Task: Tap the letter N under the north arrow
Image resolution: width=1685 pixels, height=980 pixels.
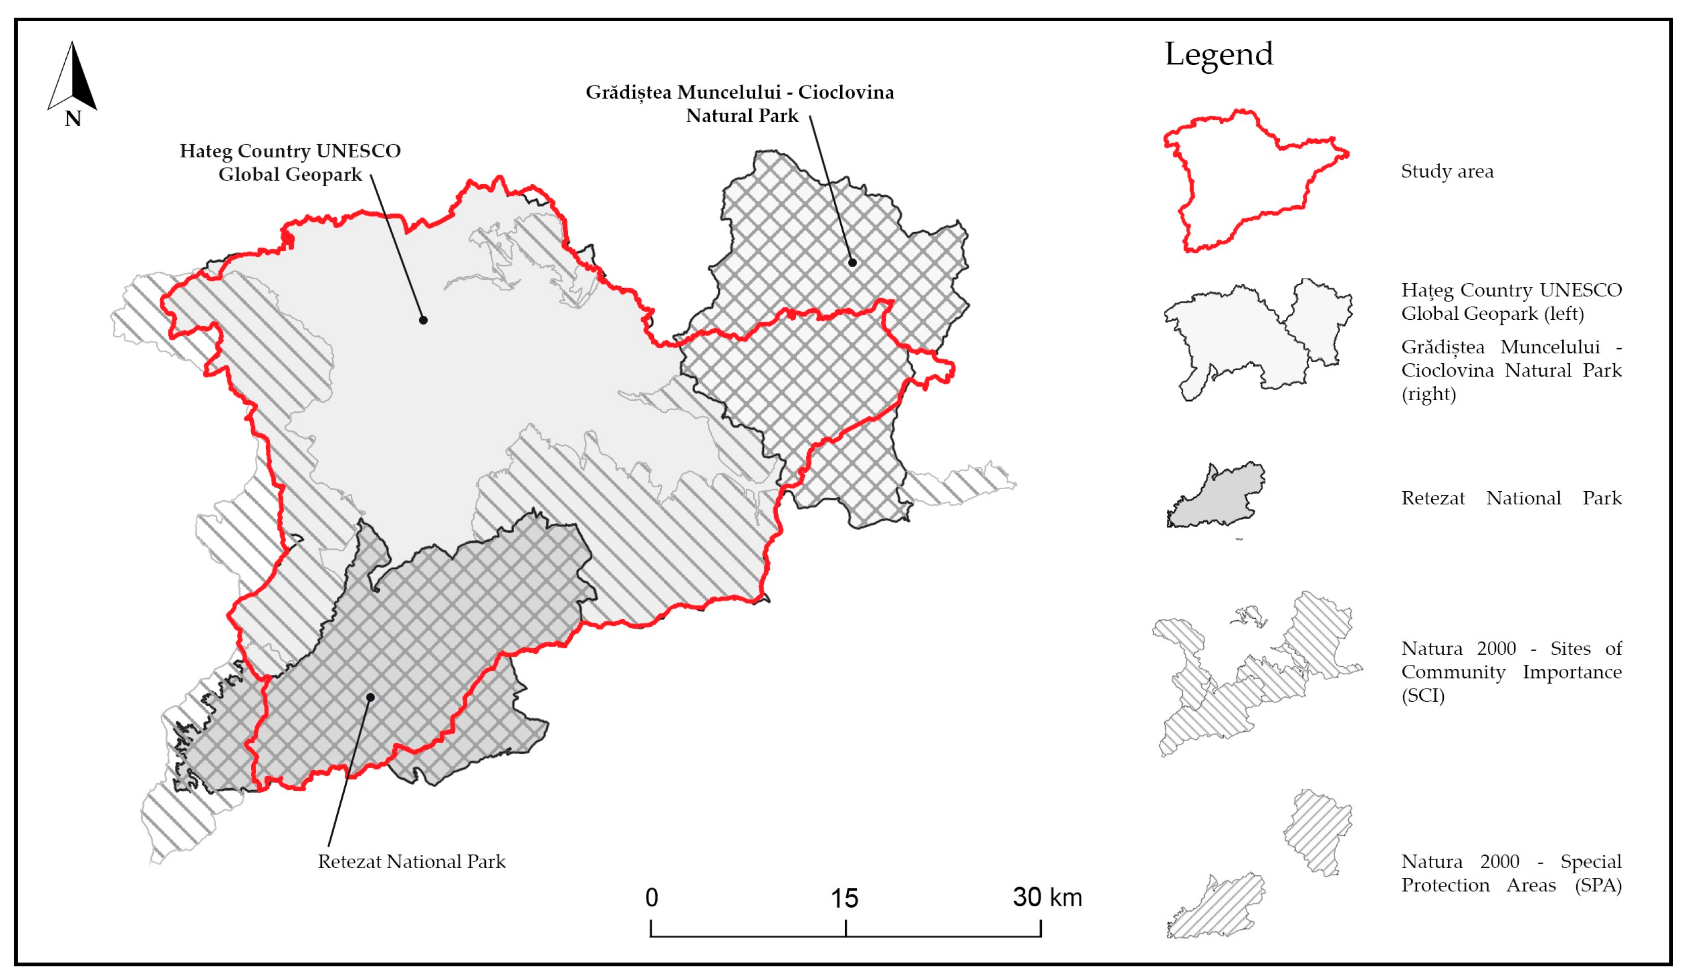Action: point(72,119)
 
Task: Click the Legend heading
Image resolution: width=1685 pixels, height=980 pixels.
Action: point(1218,54)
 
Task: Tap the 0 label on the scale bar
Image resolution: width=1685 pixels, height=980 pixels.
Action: point(651,898)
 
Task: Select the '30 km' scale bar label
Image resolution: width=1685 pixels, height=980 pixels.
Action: point(1047,898)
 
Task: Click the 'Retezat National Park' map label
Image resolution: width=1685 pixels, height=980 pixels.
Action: point(411,862)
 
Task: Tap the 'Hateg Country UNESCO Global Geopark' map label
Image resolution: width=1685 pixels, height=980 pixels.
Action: point(290,162)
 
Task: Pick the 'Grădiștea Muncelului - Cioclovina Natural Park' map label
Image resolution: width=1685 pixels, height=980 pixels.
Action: point(740,104)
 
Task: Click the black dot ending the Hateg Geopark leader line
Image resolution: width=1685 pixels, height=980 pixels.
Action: point(423,320)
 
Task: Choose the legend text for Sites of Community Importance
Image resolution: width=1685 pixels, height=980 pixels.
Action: point(1511,671)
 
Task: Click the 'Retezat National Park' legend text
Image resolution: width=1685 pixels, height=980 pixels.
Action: point(1511,498)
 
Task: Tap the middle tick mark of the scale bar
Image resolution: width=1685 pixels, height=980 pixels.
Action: point(846,928)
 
